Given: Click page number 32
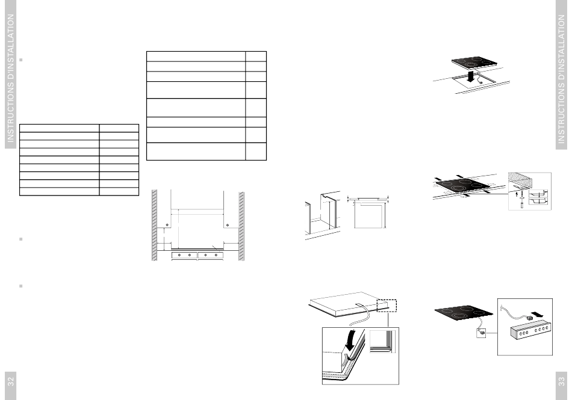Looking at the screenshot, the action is [x=11, y=381].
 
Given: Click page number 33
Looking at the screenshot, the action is [x=561, y=381].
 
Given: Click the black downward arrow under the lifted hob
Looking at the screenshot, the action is [x=471, y=76].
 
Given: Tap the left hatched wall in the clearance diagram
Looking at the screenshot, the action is [x=154, y=225].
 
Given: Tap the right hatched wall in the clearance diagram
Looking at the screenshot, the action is [x=241, y=226].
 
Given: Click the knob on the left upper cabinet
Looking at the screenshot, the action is [x=167, y=225].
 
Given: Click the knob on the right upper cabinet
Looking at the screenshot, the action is [x=228, y=225].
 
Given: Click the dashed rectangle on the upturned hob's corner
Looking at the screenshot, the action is [x=387, y=306].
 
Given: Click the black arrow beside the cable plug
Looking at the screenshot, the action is [x=536, y=313].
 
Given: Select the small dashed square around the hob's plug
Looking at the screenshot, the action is [x=481, y=333].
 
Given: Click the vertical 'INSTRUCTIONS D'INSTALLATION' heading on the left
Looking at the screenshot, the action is [x=11, y=78].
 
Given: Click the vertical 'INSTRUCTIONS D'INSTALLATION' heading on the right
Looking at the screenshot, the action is [x=561, y=79].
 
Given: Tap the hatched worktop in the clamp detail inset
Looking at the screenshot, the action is [x=529, y=178].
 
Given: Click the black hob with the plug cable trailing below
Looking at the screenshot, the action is [x=464, y=313].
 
